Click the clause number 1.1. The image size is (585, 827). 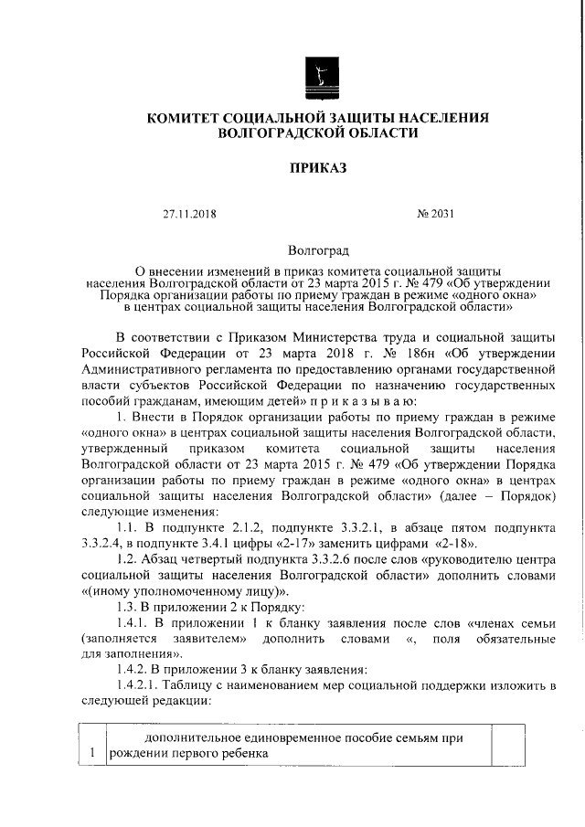click(x=127, y=530)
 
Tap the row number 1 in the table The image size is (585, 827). click(x=91, y=753)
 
